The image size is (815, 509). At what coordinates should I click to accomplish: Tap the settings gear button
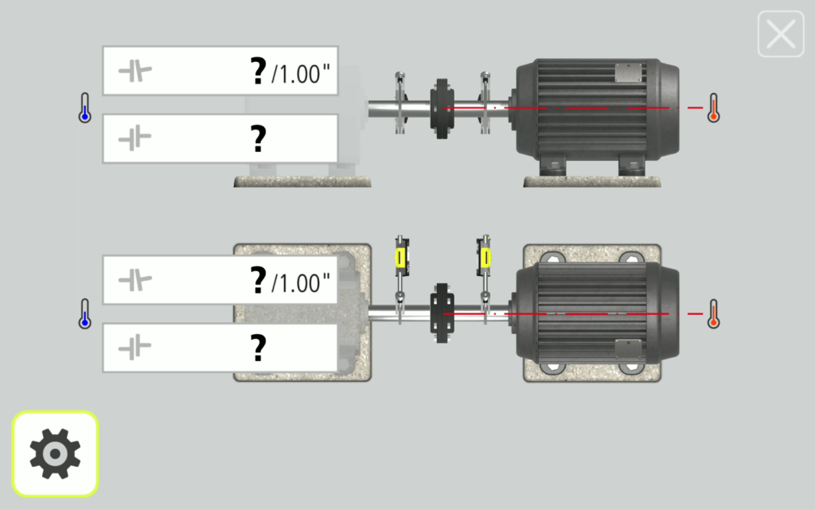tap(55, 454)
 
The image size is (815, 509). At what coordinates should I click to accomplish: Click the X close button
tap(781, 33)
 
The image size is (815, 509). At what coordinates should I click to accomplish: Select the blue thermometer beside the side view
tap(84, 107)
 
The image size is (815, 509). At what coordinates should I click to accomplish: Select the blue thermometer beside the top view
tap(84, 313)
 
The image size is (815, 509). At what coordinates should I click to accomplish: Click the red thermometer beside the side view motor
tap(714, 107)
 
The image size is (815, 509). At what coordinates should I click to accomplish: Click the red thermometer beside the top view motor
tap(714, 313)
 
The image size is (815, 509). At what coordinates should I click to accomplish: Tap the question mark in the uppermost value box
tap(259, 71)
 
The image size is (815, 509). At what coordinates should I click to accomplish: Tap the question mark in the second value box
tap(259, 138)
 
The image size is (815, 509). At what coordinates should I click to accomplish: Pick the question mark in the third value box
tap(259, 281)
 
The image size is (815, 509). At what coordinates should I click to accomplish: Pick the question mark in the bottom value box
tap(259, 348)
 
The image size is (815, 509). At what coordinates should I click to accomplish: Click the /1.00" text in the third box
tap(300, 283)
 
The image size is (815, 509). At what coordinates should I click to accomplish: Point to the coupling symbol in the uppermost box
tap(135, 71)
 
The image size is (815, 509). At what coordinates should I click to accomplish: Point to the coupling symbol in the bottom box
tap(135, 348)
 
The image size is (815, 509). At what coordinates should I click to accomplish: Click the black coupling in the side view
tap(442, 109)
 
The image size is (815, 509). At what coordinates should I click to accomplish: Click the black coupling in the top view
tap(442, 313)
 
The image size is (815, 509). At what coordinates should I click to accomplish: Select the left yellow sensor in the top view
tap(401, 258)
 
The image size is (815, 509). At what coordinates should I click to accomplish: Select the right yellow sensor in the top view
tap(484, 257)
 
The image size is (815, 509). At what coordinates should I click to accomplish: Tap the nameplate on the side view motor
tap(629, 72)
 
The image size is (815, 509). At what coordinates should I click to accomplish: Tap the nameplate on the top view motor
tap(629, 349)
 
